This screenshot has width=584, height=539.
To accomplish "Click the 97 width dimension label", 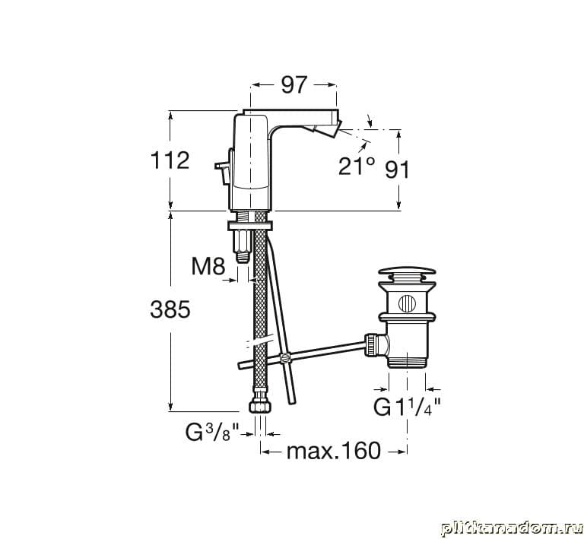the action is click(294, 85).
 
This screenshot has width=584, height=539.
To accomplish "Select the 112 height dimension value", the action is click(170, 161).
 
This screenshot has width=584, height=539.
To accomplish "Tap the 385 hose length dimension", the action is click(170, 309).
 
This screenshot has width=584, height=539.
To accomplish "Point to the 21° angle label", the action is click(357, 166).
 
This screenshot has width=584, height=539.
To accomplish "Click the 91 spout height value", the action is click(397, 170).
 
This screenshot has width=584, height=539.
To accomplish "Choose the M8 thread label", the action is click(208, 266).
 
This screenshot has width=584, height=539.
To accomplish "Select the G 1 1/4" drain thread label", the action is click(408, 407).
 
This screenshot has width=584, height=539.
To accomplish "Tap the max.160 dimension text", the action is click(334, 451).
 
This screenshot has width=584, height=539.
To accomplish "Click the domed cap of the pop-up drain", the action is click(407, 271).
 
